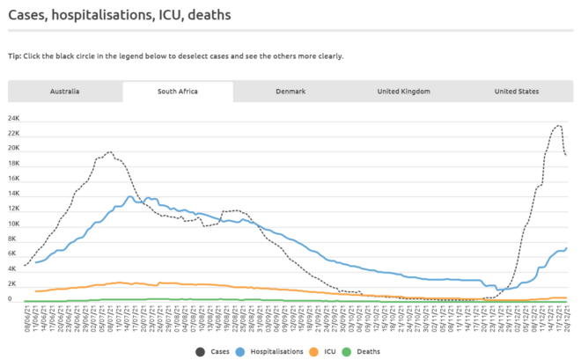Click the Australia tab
pyautogui.click(x=64, y=92)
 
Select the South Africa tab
pyautogui.click(x=177, y=92)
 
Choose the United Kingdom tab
pyautogui.click(x=403, y=92)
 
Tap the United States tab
pyautogui.click(x=517, y=92)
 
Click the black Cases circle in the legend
pyautogui.click(x=202, y=352)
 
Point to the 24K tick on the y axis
pyautogui.click(x=14, y=118)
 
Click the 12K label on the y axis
pyautogui.click(x=14, y=209)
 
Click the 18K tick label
pyautogui.click(x=14, y=164)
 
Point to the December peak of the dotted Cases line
pyautogui.click(x=559, y=125)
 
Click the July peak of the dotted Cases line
pyautogui.click(x=109, y=151)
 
